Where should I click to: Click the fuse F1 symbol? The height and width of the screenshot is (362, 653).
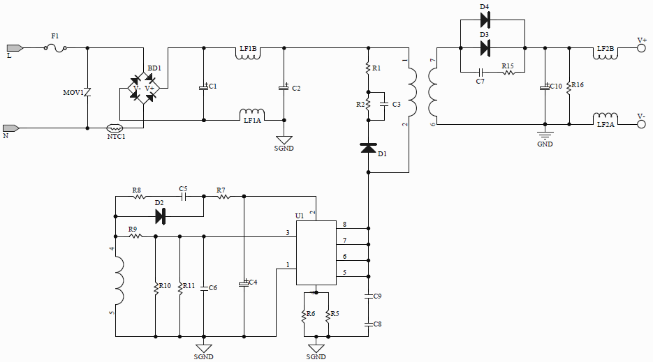tap(56, 48)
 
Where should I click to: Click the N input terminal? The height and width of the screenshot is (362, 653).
tap(10, 128)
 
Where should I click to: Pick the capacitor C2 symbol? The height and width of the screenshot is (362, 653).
tap(284, 87)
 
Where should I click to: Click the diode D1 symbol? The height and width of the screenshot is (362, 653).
tap(368, 148)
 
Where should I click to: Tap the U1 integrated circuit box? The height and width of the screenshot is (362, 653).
tap(316, 252)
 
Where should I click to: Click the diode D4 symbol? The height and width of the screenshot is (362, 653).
tap(485, 20)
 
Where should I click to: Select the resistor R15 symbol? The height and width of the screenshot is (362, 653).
tap(508, 72)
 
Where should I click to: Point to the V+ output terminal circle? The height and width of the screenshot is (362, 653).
tap(642, 48)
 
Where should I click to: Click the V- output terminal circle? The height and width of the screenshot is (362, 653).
tap(642, 125)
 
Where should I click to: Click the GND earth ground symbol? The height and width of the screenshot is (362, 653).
tap(545, 134)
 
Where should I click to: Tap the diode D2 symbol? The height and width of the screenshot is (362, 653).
tap(160, 217)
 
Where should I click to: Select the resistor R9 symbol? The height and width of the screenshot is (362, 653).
tap(135, 236)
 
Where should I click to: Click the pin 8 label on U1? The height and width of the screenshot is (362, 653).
tap(344, 224)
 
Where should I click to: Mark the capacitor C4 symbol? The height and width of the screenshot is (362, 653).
tap(244, 283)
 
